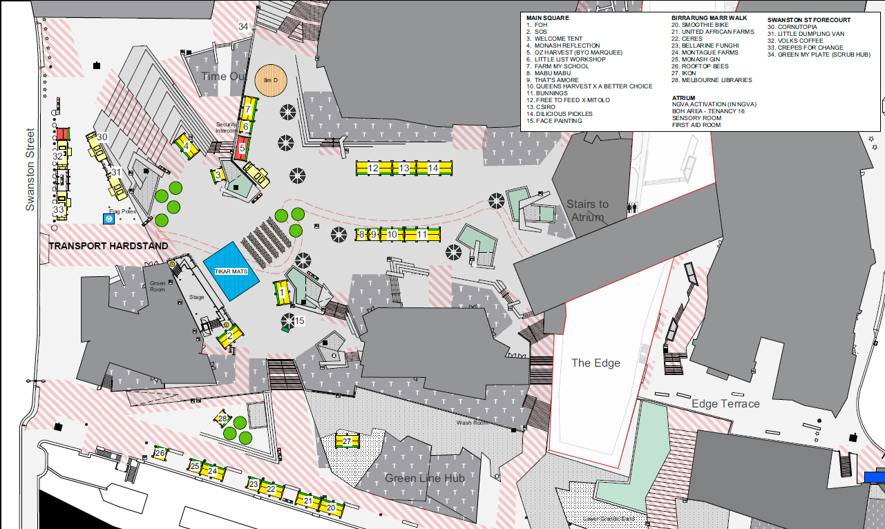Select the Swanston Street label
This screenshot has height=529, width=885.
point(30,169)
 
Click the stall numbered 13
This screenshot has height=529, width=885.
point(404,168)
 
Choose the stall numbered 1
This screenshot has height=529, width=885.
point(282,293)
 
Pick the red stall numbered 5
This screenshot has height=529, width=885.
point(242,148)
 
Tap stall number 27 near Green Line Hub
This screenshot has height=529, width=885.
point(348,441)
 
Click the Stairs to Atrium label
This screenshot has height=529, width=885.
point(587,211)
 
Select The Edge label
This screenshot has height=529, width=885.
point(596,363)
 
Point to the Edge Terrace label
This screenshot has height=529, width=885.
point(725,403)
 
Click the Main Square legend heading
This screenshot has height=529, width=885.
point(548,18)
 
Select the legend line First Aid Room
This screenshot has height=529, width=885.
point(696,125)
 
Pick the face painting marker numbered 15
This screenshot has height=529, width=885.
point(299,320)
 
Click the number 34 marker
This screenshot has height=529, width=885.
point(243,26)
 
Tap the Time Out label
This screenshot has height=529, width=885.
point(224,76)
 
